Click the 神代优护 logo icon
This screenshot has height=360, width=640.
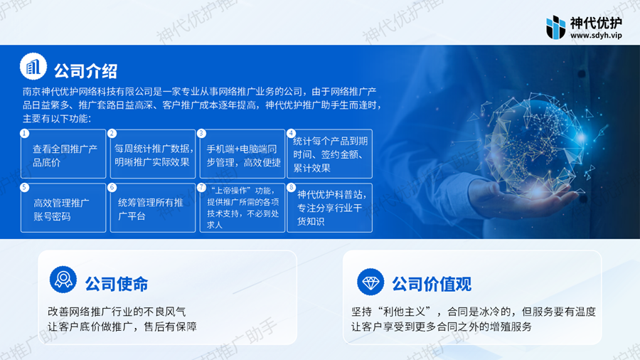tap(555, 27)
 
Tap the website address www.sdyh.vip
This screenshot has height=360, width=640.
tap(596, 36)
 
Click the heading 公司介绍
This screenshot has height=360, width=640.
tap(86, 71)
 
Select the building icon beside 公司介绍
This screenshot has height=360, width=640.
tap(33, 67)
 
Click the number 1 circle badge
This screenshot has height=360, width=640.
tap(24, 134)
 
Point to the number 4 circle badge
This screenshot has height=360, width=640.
tap(291, 134)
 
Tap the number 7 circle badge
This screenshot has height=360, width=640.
tap(202, 187)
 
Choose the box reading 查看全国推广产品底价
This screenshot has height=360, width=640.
tap(63, 154)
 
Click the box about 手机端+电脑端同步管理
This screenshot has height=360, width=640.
tap(242, 154)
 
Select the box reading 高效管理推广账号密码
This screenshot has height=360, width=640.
tap(63, 208)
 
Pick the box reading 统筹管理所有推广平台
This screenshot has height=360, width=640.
tap(153, 208)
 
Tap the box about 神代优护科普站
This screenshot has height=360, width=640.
tap(330, 208)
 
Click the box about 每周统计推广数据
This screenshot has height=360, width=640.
tap(153, 154)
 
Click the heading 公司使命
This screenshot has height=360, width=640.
tap(117, 284)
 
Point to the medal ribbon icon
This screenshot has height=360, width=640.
tap(63, 280)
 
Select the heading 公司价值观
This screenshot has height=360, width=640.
tap(432, 284)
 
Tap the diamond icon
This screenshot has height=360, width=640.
tap(370, 282)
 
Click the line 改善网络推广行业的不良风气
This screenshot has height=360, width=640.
tap(117, 312)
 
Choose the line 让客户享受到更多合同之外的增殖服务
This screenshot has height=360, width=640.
tap(442, 327)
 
